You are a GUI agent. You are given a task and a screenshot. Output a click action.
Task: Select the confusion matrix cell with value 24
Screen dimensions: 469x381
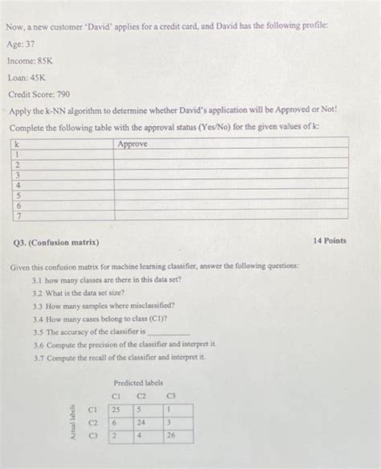[x=142, y=422]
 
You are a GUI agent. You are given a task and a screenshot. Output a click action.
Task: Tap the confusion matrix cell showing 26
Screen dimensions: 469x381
[x=170, y=435]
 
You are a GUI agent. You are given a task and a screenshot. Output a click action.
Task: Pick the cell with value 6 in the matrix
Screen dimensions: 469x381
[x=115, y=422]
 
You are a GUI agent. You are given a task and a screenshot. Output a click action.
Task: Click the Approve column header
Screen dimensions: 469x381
[x=133, y=144]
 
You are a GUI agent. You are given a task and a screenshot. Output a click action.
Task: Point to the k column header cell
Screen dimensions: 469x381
[x=17, y=144]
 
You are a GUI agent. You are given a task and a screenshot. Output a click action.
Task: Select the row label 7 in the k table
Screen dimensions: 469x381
[x=17, y=215]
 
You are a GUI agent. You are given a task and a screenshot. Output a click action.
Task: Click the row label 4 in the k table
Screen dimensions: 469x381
[x=17, y=184]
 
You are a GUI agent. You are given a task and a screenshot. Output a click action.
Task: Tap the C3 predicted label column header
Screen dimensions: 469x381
[x=170, y=395]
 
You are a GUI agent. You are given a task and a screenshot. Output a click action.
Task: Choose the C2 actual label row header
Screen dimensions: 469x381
[x=92, y=422]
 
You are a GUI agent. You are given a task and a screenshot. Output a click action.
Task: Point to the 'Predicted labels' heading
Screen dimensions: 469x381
[x=137, y=383]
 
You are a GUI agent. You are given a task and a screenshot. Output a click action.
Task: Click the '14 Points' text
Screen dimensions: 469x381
[x=330, y=240]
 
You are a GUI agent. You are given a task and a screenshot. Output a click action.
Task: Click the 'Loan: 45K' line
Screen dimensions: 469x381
[x=27, y=77]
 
